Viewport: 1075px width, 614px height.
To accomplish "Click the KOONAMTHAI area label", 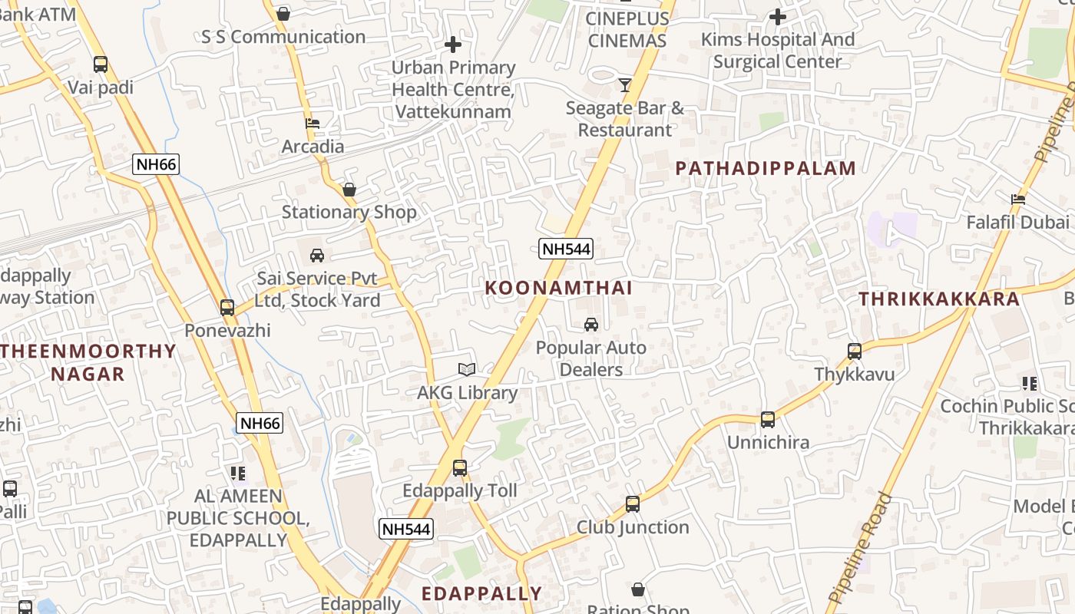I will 558,288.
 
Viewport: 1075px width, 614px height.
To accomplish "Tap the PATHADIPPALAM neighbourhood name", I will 766,169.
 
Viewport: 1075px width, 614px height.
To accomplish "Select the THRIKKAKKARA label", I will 939,299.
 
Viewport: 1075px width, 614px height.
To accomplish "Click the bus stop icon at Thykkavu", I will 854,352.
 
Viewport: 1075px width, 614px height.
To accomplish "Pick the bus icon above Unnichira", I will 767,419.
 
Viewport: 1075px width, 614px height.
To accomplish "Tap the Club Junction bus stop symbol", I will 632,503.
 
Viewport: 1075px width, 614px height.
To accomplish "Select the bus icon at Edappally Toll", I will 459,467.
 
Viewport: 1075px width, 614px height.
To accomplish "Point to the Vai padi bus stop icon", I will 100,64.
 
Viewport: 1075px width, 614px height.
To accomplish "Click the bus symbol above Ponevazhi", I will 227,307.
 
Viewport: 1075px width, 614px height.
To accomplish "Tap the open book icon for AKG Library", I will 467,370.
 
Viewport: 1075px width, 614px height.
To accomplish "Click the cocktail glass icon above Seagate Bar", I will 625,84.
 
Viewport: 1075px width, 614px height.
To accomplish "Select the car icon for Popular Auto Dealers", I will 590,325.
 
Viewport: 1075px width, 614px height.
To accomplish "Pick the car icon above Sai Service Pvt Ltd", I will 316,255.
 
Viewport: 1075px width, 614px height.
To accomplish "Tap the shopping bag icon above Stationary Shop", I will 349,189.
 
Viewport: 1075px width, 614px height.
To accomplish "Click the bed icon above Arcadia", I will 312,123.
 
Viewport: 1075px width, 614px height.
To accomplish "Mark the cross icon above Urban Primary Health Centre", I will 453,45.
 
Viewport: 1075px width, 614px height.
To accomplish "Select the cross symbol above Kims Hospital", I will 777,16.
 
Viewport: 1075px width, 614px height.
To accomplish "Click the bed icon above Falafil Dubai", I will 1018,200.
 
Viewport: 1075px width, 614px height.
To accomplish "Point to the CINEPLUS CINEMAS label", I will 626,28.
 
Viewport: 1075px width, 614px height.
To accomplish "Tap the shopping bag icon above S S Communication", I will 283,13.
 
